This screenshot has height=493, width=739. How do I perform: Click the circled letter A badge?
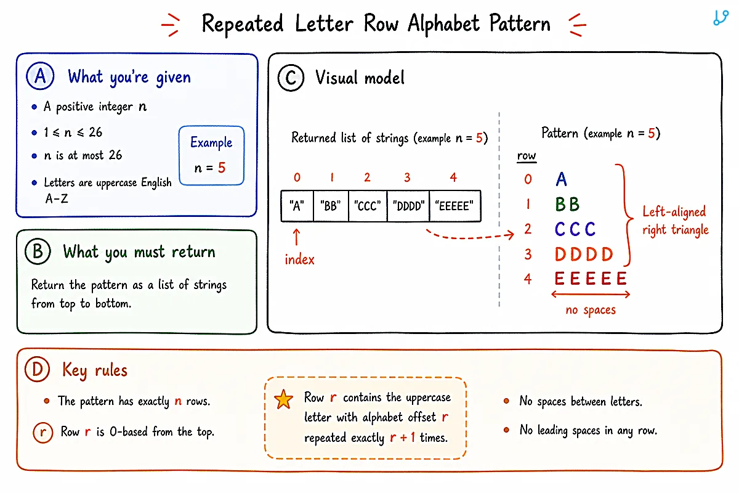[x=40, y=76]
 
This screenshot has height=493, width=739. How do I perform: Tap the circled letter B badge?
[x=38, y=251]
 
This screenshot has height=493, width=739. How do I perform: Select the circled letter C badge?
[x=291, y=78]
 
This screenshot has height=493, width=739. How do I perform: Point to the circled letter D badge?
[x=38, y=369]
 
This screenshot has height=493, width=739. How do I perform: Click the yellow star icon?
[x=283, y=399]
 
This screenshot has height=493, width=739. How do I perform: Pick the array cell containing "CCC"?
[x=368, y=206]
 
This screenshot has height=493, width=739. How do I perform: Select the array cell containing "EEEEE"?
[x=455, y=206]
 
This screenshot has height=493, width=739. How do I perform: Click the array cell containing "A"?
[x=297, y=206]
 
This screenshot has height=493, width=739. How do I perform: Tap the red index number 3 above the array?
[x=408, y=177]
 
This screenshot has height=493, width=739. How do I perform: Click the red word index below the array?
[x=299, y=259]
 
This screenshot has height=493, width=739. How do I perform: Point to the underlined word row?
[x=527, y=156]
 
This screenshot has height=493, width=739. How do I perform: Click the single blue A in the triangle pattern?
[x=561, y=179]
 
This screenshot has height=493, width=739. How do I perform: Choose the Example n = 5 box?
[x=211, y=155]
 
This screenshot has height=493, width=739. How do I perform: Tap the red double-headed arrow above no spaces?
[x=591, y=294]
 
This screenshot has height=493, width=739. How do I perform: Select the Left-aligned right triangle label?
[x=676, y=221]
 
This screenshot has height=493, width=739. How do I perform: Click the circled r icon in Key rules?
[x=43, y=432]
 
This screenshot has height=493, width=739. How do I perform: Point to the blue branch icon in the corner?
[x=721, y=18]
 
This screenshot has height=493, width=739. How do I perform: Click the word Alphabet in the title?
[x=444, y=24]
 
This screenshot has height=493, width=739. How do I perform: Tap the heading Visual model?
[x=360, y=78]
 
